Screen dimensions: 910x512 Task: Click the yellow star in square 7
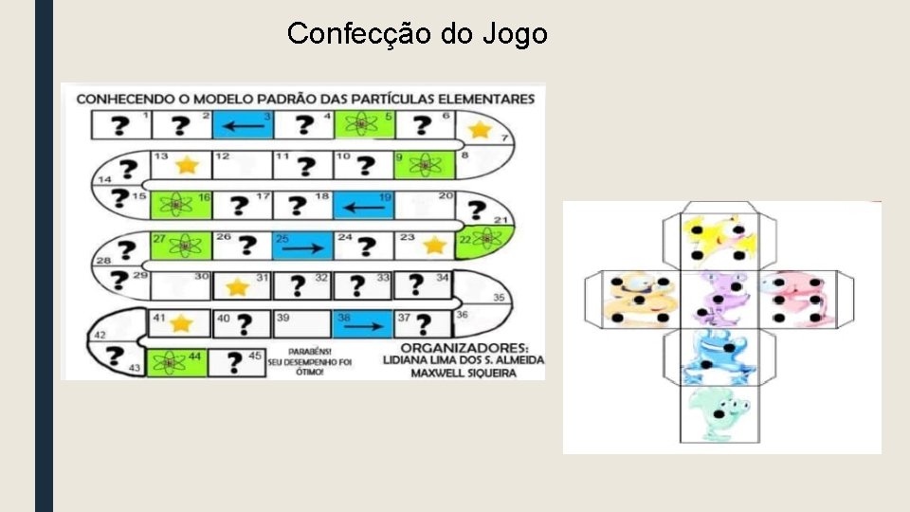click(x=481, y=130)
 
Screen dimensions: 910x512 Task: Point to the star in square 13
click(x=187, y=165)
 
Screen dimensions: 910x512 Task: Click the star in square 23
click(x=434, y=246)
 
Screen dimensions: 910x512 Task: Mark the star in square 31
click(x=236, y=285)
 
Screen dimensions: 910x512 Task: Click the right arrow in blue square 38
click(x=362, y=325)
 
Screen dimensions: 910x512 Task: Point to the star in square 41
click(x=180, y=323)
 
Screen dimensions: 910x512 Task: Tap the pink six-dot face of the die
click(x=799, y=298)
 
